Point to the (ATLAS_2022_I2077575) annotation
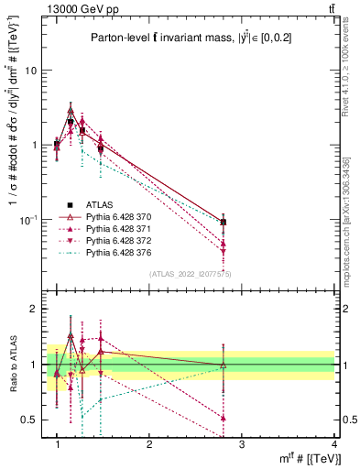coord(189,273)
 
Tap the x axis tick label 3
coord(242,445)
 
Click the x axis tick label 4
coord(334,445)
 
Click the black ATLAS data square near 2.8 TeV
coord(224,222)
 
